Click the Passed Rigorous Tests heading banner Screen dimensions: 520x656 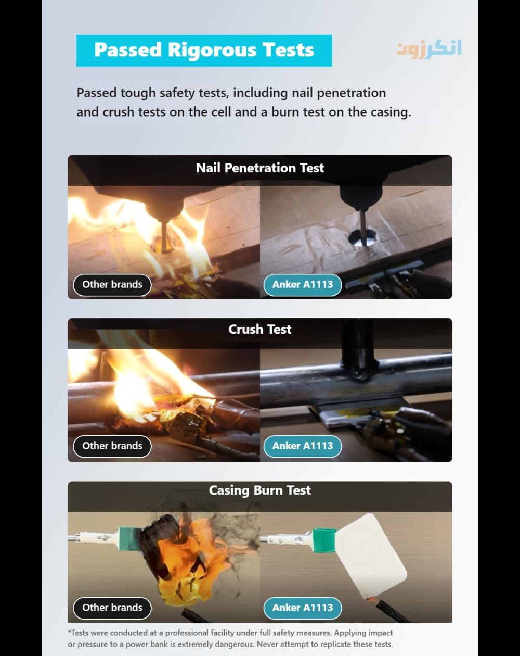(204, 51)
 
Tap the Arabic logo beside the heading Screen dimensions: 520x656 (429, 49)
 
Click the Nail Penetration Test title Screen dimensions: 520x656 (260, 168)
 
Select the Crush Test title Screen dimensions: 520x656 (260, 329)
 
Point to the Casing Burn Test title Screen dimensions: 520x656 (260, 490)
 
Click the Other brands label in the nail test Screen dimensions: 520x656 (112, 285)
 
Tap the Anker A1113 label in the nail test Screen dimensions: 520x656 (303, 285)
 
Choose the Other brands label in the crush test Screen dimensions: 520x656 (112, 446)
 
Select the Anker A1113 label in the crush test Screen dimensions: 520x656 (303, 446)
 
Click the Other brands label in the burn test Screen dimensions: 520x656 (112, 608)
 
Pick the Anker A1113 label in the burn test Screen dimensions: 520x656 (303, 608)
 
